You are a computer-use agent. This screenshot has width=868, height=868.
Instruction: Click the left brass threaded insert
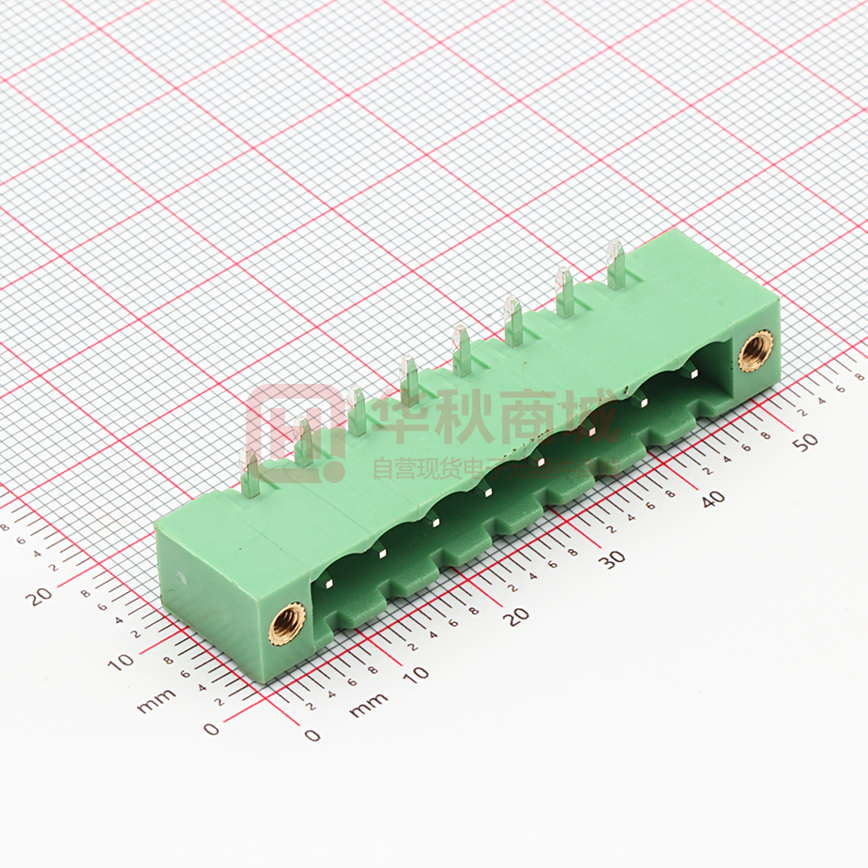pos(287,623)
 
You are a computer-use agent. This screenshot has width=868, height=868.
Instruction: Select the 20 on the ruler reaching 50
pos(515,616)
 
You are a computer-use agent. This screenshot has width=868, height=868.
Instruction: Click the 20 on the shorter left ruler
pos(39,595)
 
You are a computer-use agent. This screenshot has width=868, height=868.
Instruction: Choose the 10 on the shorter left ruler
pos(120,662)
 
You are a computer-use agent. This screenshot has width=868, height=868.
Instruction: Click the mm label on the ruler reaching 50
pos(368,705)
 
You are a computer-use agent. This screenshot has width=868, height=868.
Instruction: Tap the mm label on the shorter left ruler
pos(156,700)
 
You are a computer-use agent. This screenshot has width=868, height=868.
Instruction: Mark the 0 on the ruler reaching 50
pos(312,735)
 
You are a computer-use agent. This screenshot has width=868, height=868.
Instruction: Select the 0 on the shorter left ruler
pos(211,728)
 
